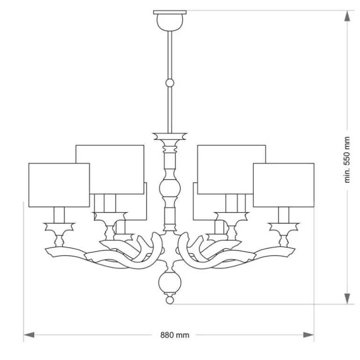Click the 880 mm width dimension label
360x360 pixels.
(175, 335)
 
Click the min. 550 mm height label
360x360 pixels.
(347, 160)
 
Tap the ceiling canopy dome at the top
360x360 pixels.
(170, 22)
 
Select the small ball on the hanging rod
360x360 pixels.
(170, 83)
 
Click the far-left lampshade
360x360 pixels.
(59, 185)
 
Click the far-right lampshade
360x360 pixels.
(283, 185)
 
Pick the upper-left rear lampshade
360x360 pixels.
(110, 169)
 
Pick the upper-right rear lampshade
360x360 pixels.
(231, 169)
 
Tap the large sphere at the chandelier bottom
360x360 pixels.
(170, 282)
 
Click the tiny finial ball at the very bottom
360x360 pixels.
(170, 300)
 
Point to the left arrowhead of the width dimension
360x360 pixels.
(29, 335)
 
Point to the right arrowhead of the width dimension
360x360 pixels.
(309, 335)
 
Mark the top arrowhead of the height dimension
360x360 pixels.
(347, 16)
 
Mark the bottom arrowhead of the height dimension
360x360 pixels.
(347, 298)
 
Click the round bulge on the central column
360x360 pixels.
(170, 188)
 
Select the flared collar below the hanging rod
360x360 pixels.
(170, 136)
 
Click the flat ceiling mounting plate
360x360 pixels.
(170, 13)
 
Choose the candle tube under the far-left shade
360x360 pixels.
(59, 215)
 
